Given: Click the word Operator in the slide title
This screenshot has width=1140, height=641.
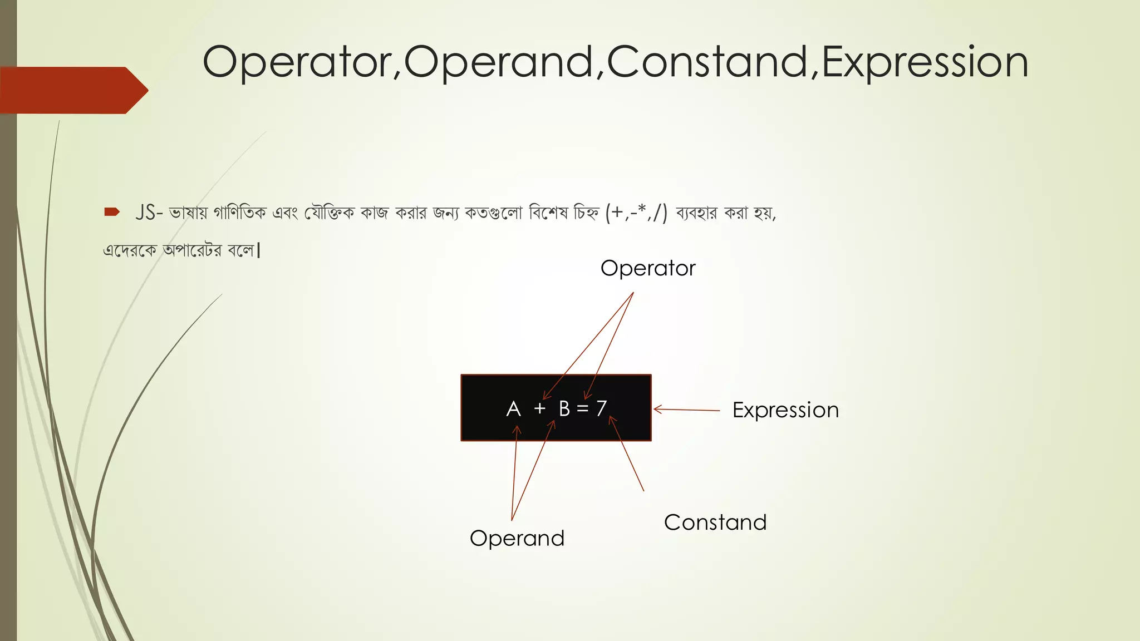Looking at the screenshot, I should click(x=298, y=62).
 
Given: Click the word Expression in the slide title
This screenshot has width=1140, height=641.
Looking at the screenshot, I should click(x=925, y=62).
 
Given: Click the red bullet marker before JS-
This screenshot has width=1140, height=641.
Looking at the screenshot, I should click(x=112, y=212).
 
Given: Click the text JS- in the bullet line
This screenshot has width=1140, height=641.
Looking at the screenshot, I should click(x=149, y=213).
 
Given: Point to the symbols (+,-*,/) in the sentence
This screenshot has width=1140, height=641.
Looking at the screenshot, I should click(x=636, y=213).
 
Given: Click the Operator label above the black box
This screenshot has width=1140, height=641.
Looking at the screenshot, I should click(x=648, y=268).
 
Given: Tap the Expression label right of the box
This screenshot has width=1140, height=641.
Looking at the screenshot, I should click(x=785, y=410).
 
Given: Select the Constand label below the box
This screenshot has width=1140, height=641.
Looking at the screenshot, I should click(x=715, y=522).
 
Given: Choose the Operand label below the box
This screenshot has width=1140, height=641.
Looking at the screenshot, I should click(x=517, y=538).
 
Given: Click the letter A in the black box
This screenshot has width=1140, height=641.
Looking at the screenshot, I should click(x=513, y=409).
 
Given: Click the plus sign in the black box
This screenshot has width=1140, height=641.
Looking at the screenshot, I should click(x=539, y=409).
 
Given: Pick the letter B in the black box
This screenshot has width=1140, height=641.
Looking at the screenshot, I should click(x=564, y=409).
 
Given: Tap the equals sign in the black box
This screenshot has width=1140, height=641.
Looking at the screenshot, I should click(x=583, y=409).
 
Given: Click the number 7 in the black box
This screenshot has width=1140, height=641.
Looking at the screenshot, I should click(x=601, y=408).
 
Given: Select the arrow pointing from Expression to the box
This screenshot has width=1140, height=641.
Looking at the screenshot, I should click(x=686, y=410).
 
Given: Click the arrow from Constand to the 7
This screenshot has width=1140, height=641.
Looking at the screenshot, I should click(x=627, y=453).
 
